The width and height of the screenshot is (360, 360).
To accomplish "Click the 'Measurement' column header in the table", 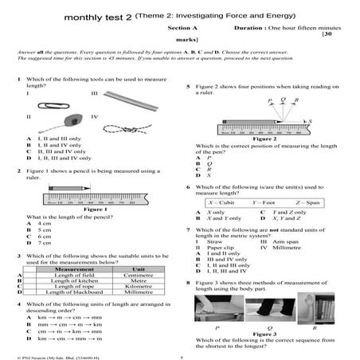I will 74,270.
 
